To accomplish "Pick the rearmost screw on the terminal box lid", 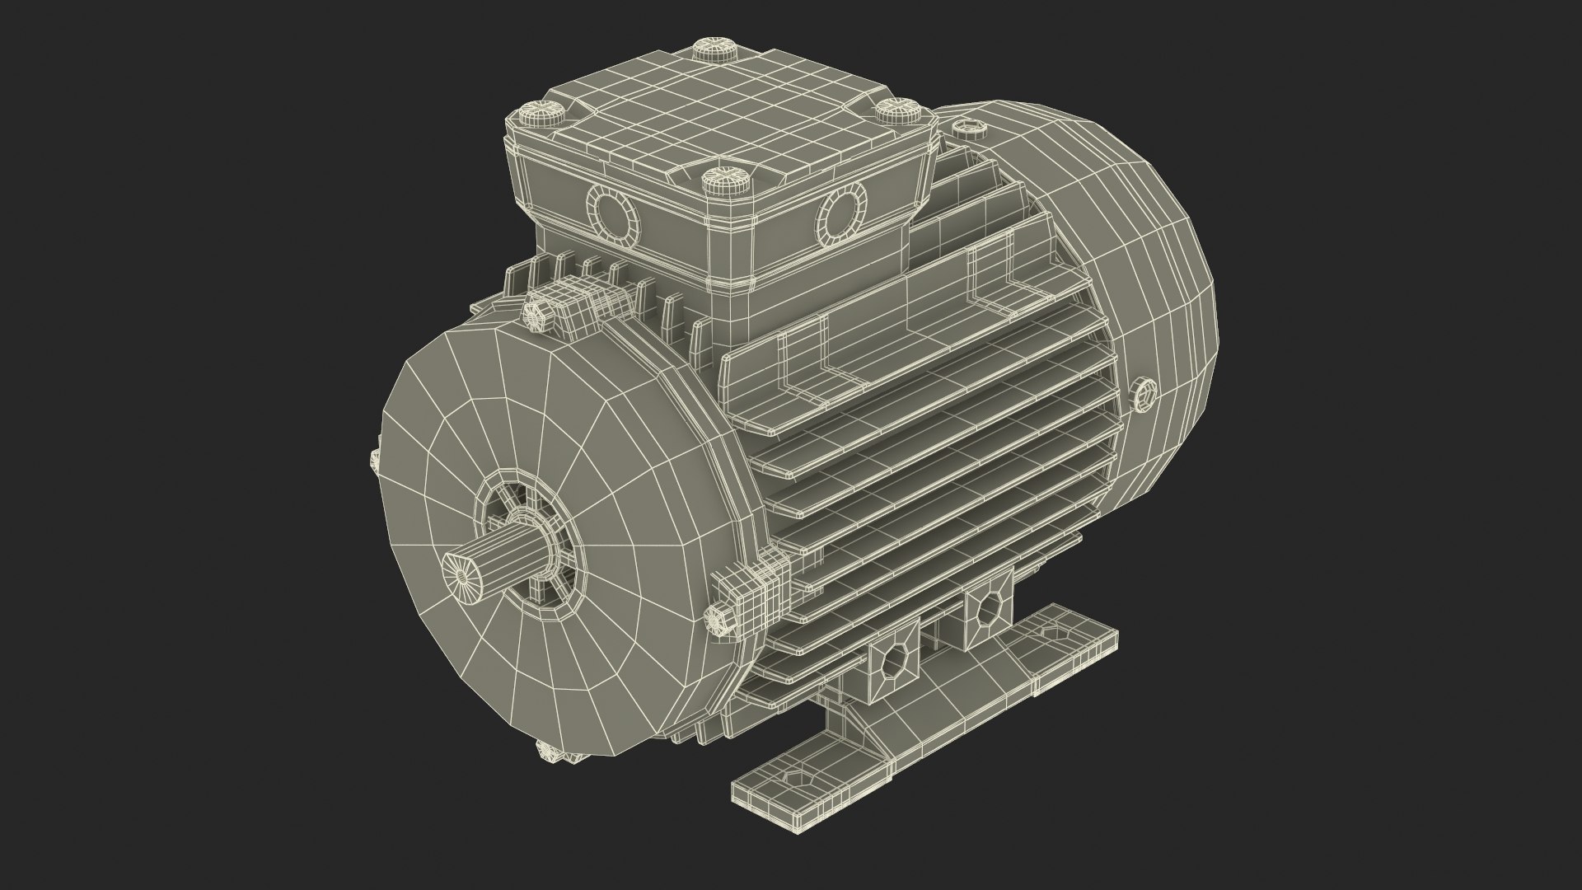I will [x=715, y=49].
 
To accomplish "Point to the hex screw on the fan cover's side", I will [x=1144, y=395].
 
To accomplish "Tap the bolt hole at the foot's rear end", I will [x=1054, y=632].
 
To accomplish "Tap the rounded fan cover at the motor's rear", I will [x=1137, y=272].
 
